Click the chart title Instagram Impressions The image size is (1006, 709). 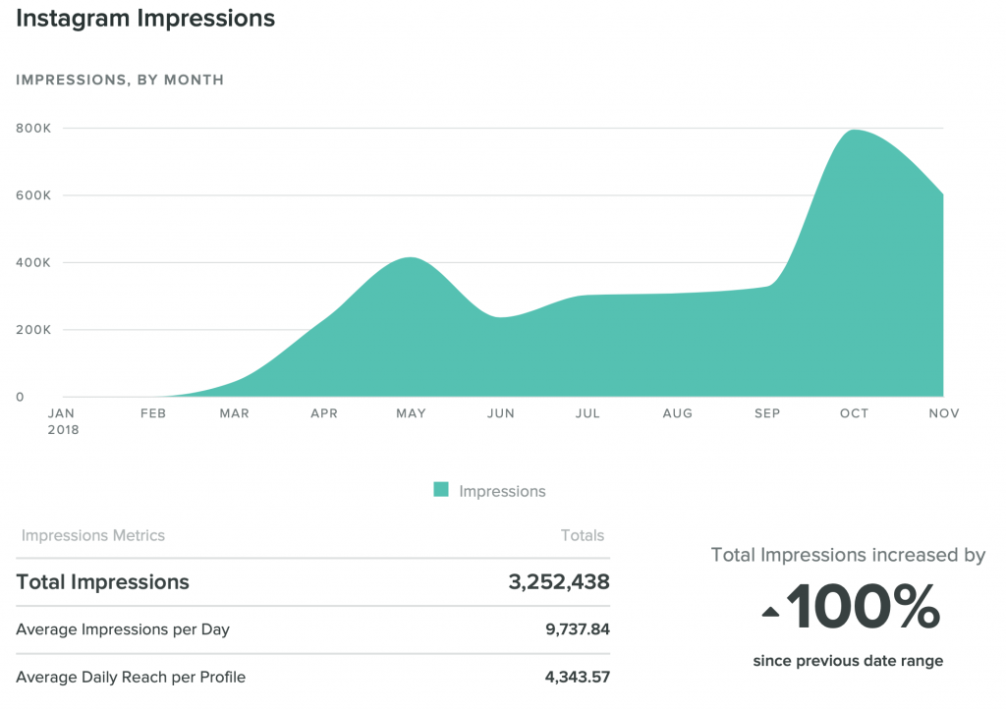click(x=144, y=19)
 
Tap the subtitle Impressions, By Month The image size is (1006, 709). click(x=120, y=80)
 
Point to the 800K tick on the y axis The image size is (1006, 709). click(x=33, y=128)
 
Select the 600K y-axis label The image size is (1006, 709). click(x=33, y=195)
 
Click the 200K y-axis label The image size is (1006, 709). click(x=33, y=330)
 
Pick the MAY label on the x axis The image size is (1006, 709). click(x=411, y=413)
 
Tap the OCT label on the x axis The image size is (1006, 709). click(x=854, y=413)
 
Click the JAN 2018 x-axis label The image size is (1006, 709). click(x=63, y=421)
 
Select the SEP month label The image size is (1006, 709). click(x=767, y=413)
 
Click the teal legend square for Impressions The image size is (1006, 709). click(x=441, y=490)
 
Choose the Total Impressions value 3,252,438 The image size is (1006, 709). click(x=559, y=581)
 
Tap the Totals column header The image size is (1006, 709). click(x=583, y=535)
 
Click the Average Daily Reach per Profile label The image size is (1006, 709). click(x=131, y=677)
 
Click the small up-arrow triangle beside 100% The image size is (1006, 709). click(x=771, y=613)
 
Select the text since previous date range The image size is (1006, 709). click(x=848, y=661)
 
